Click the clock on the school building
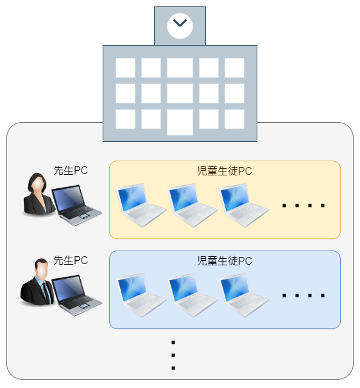(180, 26)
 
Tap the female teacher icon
(39, 193)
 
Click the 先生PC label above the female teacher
(71, 170)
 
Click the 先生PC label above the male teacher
(71, 260)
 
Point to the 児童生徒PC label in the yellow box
(225, 171)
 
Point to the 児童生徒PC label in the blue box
(225, 261)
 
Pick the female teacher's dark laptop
(76, 206)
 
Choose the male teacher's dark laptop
(76, 295)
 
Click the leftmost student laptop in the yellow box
(141, 205)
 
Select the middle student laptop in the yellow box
(193, 205)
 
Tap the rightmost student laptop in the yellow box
(244, 205)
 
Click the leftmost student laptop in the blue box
(141, 295)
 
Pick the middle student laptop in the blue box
(193, 295)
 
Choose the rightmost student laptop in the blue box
(244, 295)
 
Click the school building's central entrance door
(180, 122)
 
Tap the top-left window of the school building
(125, 67)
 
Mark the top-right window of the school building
(234, 67)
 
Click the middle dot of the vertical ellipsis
(173, 355)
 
